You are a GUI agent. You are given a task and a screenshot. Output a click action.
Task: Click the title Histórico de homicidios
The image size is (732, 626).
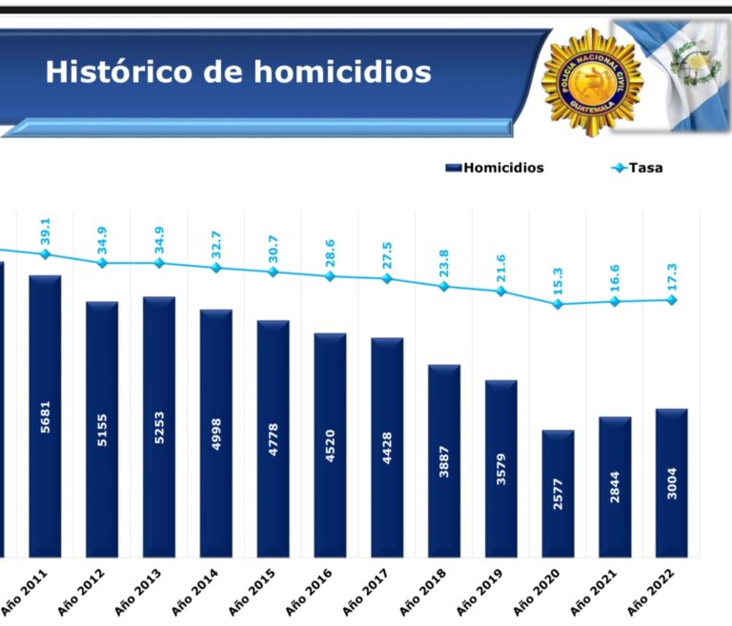[238, 72]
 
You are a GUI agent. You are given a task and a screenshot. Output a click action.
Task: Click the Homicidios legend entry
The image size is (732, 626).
[495, 168]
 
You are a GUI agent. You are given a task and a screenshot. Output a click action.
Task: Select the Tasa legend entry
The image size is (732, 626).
[639, 168]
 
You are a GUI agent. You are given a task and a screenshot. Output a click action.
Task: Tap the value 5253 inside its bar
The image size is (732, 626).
[159, 427]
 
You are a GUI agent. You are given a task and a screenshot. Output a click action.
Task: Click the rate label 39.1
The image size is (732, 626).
[45, 232]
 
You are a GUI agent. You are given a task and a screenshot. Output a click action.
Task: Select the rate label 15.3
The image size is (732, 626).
[558, 280]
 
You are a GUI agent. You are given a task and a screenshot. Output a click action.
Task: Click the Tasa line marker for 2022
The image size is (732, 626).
[672, 300]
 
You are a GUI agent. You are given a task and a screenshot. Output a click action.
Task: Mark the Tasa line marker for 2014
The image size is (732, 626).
[216, 268]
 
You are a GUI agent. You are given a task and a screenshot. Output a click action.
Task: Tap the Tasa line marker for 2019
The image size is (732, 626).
[501, 292]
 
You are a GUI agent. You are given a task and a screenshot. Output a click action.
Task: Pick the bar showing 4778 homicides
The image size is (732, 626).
[273, 438]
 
